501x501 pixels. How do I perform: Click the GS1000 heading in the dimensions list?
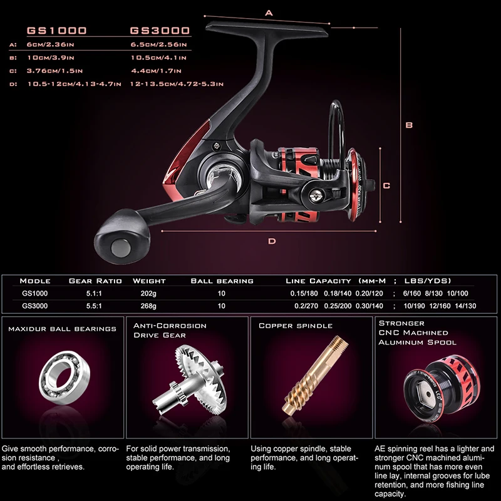pyautogui.click(x=56, y=31)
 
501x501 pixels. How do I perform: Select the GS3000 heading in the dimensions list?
pyautogui.click(x=160, y=31)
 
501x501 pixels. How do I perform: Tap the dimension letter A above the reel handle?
pyautogui.click(x=269, y=12)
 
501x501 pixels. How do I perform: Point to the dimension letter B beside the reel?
pyautogui.click(x=409, y=125)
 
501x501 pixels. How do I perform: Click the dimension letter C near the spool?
pyautogui.click(x=387, y=185)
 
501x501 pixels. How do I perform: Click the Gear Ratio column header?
pyautogui.click(x=95, y=281)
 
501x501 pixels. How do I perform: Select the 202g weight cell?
pyautogui.click(x=148, y=293)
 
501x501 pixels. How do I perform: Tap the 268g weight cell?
pyautogui.click(x=148, y=306)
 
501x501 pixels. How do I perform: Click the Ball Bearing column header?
pyautogui.click(x=222, y=281)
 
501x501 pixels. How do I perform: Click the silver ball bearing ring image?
pyautogui.click(x=60, y=383)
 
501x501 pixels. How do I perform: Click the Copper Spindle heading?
pyautogui.click(x=296, y=326)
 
